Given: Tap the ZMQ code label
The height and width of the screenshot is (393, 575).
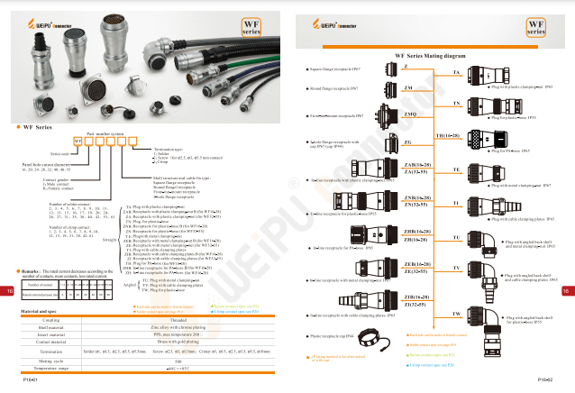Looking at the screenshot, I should tap(409, 114).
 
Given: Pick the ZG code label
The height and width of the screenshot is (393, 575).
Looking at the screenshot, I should tap(408, 142).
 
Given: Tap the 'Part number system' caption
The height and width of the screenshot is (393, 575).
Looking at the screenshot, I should tap(105, 133).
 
